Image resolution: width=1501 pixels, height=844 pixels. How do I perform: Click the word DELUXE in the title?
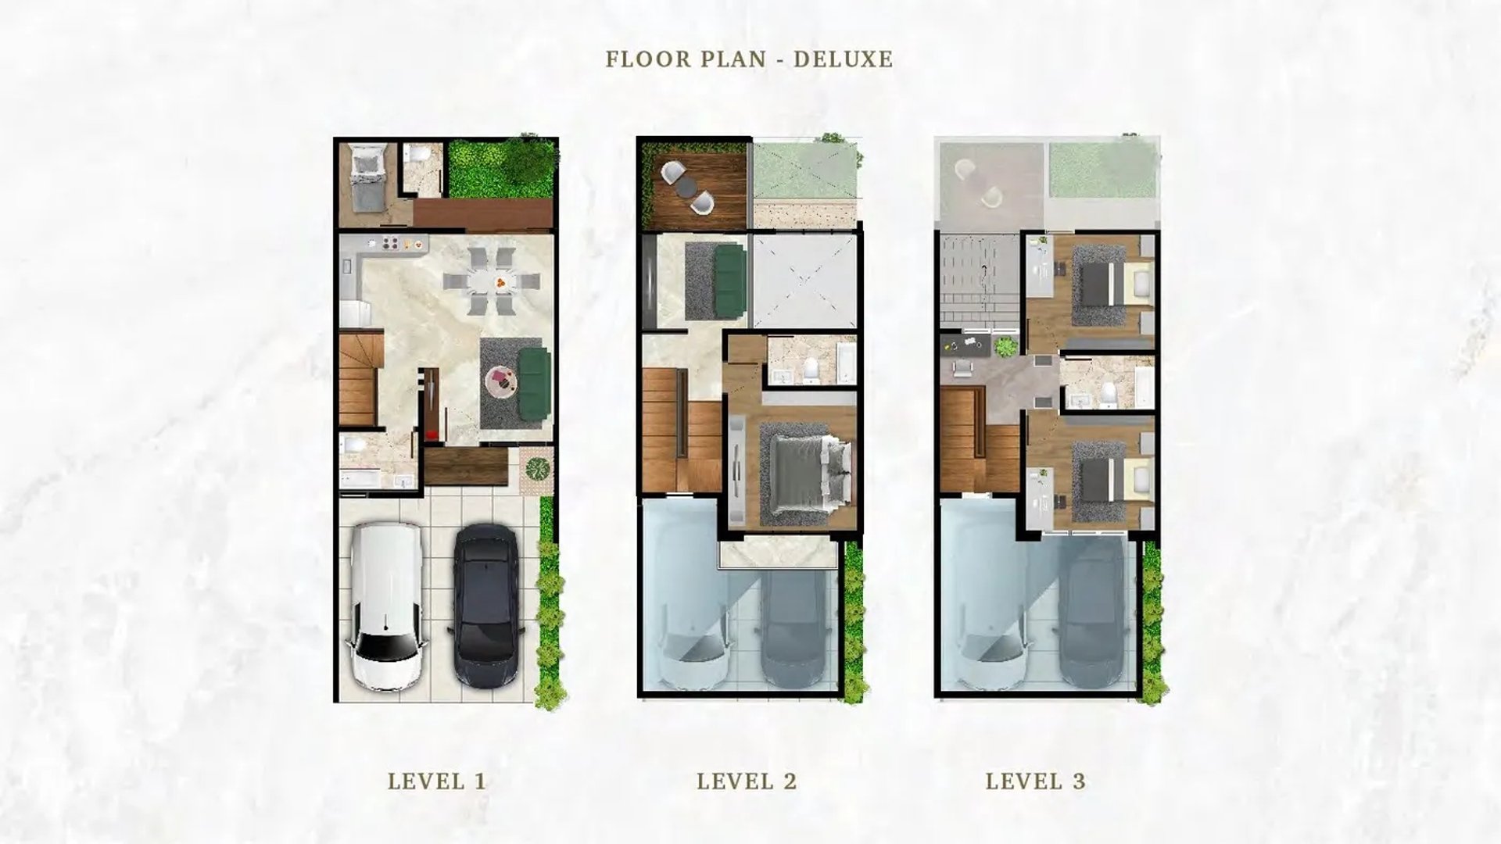point(844,59)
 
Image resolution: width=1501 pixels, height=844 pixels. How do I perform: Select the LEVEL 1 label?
point(437,781)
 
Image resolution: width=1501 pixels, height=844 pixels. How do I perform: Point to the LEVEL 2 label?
point(747,781)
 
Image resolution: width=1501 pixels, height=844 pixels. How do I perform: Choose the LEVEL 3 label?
point(1036,781)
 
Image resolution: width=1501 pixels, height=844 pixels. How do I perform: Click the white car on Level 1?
point(386,606)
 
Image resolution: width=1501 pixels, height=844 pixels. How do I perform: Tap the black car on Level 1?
point(485,606)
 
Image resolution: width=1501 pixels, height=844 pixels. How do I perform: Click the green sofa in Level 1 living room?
point(535,383)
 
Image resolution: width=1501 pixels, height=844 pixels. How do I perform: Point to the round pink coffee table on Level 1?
point(500,381)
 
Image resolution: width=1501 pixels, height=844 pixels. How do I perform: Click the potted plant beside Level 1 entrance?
point(538,469)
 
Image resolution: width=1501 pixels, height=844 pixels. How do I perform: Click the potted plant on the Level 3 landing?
point(1005,345)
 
